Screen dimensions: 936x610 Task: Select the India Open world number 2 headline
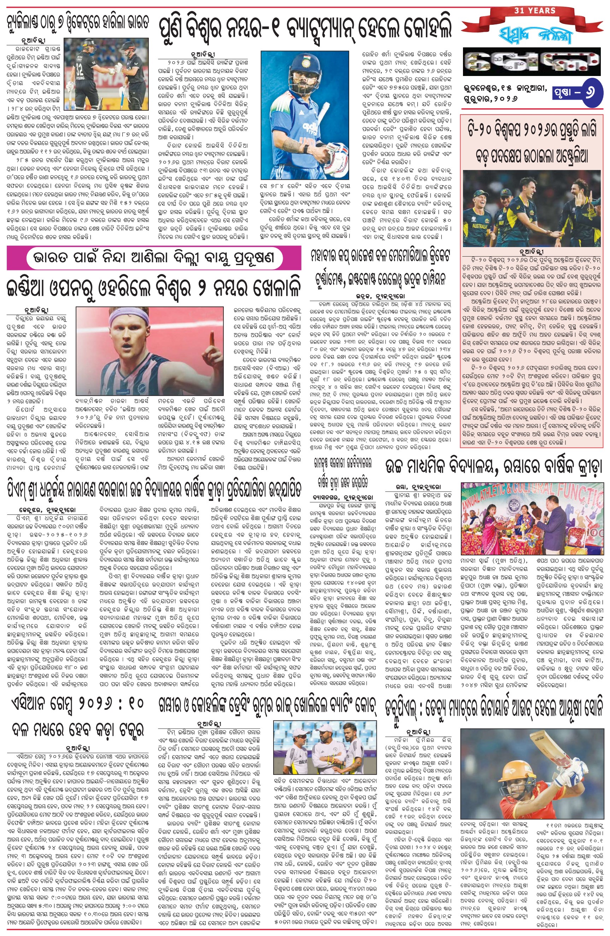pyautogui.click(x=154, y=288)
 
